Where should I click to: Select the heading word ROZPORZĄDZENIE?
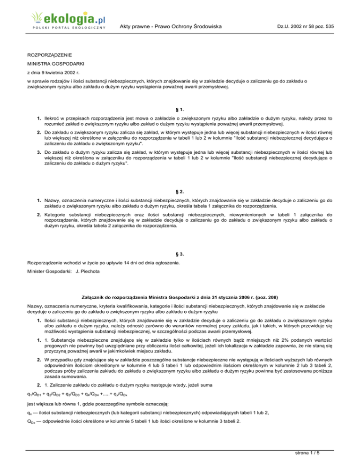point(52,55)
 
